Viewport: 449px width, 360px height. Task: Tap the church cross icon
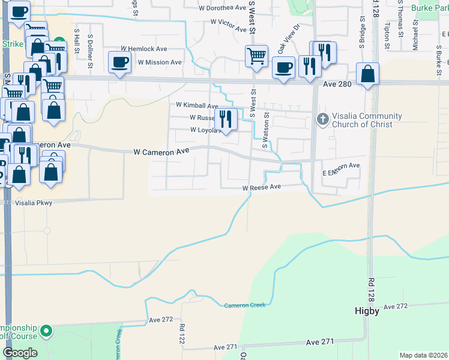click(322, 119)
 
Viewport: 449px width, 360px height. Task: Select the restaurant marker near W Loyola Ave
click(226, 119)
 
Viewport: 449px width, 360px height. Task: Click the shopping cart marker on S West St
click(256, 56)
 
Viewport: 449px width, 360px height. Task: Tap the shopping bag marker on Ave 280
click(368, 74)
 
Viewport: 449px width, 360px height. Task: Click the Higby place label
click(366, 311)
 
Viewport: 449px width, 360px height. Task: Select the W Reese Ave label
click(262, 187)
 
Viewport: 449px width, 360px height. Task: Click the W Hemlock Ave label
click(143, 49)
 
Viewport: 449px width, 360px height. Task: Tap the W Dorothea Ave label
click(223, 8)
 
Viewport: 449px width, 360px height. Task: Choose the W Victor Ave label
click(229, 26)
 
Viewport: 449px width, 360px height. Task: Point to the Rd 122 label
click(182, 334)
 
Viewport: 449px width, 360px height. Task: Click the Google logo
click(20, 352)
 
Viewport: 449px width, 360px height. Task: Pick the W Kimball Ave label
click(197, 105)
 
